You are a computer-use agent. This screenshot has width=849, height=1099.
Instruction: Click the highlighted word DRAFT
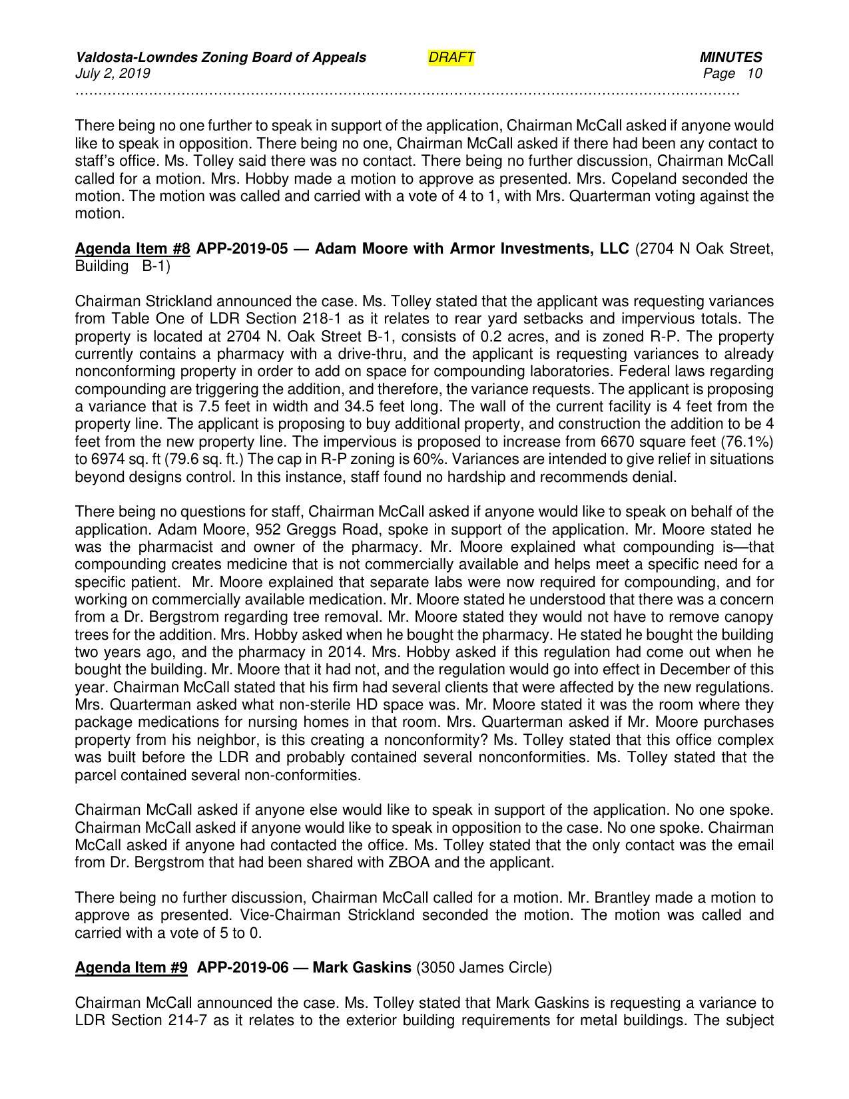[451, 58]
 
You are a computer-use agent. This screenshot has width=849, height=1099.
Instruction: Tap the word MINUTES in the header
[730, 58]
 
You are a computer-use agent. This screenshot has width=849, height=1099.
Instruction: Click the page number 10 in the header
[754, 73]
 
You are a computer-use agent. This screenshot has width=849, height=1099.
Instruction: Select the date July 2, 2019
[113, 73]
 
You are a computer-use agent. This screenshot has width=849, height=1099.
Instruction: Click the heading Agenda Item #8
[133, 249]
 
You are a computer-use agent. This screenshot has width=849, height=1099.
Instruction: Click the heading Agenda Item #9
[131, 967]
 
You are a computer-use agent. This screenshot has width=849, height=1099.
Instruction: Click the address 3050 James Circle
[483, 967]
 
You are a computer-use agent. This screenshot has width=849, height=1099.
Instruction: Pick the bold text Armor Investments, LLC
[539, 249]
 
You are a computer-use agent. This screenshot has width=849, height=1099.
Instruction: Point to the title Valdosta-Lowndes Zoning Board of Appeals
[220, 58]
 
